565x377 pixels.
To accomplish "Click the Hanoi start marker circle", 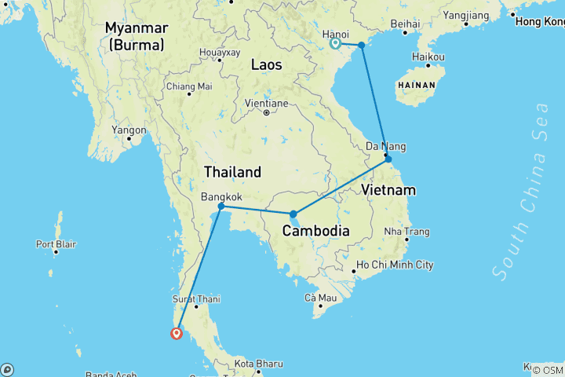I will coord(335,44).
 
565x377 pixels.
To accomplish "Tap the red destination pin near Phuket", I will coord(177,333).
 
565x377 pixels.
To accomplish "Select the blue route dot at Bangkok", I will coord(221,207).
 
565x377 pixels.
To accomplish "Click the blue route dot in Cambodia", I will coord(293,214).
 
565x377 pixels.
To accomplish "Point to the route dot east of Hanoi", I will coord(362,46).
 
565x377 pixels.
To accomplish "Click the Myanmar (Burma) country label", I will coord(137,36).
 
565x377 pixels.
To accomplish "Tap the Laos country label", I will coord(266,65).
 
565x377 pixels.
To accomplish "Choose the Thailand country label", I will coord(232,171).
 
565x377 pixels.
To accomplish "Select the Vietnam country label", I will coord(389,190).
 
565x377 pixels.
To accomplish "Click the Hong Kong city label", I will coord(539,21).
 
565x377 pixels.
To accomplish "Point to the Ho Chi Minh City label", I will coord(395,265).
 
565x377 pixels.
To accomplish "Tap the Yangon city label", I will coord(129,130).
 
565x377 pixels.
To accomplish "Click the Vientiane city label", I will coord(266,103).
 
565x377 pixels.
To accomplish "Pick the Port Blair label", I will coord(56,243).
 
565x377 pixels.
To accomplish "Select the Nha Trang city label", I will coord(406,232).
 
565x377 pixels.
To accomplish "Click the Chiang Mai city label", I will coord(189,86).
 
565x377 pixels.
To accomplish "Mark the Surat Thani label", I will coord(196,298).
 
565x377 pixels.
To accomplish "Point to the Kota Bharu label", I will coord(253,364).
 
